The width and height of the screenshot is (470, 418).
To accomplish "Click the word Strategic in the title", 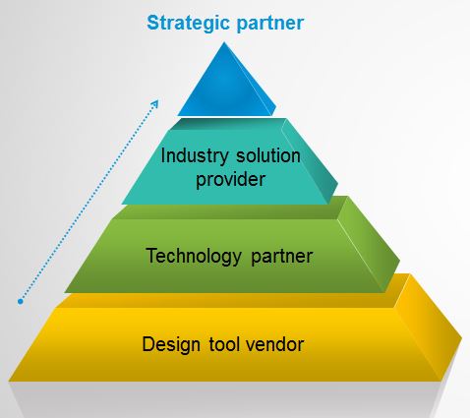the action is [188, 24].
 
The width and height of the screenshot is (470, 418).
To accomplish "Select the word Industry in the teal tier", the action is [195, 156].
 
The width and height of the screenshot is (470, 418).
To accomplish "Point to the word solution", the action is [268, 155].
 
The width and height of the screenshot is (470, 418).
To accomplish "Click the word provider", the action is [231, 180].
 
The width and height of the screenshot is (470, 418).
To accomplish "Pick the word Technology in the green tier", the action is [194, 256].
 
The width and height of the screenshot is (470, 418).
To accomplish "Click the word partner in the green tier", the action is [282, 257].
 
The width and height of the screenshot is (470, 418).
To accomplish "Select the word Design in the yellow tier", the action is [171, 345].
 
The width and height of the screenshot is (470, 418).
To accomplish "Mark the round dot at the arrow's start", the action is [21, 301].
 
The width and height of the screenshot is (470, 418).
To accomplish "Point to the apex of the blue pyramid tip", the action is [224, 42].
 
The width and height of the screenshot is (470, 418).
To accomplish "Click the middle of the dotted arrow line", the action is [88, 203].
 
